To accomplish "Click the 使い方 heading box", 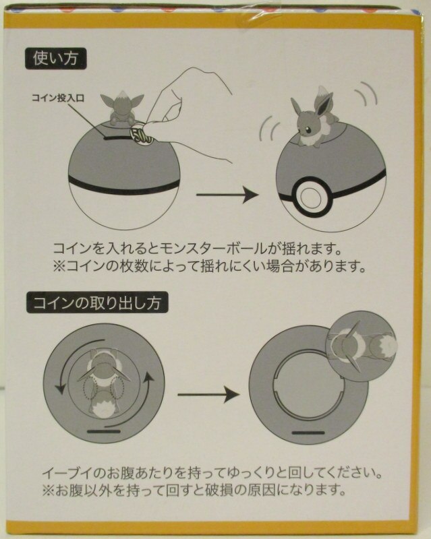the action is (x=56, y=59).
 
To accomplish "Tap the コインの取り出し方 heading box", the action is (x=97, y=302).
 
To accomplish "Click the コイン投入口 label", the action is (x=58, y=98).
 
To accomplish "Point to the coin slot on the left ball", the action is (x=117, y=138).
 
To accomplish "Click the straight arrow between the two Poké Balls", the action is (x=227, y=195).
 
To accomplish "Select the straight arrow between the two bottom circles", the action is (x=208, y=394).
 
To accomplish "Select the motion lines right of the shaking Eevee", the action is (x=366, y=93).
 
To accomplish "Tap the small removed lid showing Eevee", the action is (x=362, y=348).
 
